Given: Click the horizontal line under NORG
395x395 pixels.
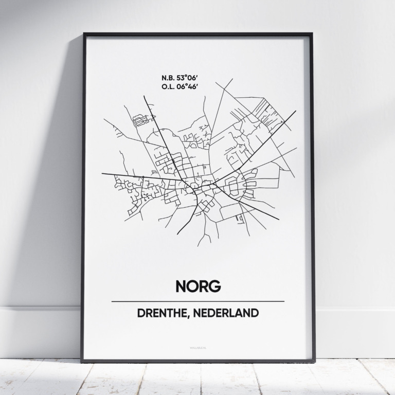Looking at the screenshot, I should (x=197, y=301).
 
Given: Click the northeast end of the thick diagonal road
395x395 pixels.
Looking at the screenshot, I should (x=295, y=111).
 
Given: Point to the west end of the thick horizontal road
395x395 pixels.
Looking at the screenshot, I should (x=102, y=174).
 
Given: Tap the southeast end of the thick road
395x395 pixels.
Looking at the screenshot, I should (x=279, y=220).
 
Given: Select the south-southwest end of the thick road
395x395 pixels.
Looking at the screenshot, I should (x=178, y=234).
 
